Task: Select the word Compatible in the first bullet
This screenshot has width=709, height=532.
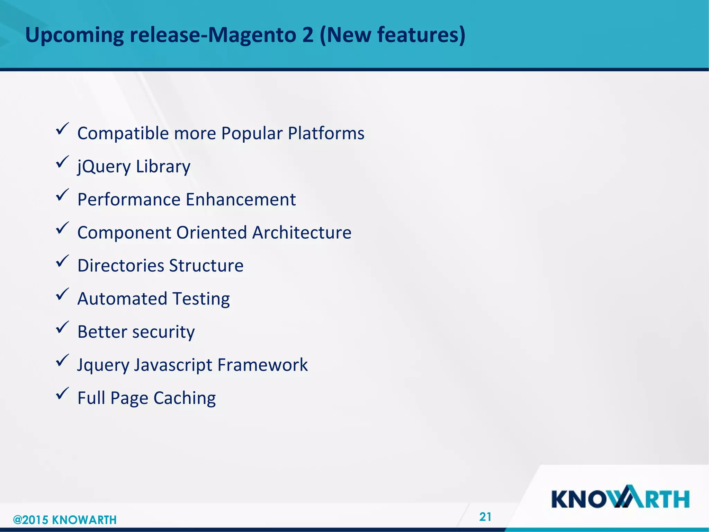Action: click(124, 133)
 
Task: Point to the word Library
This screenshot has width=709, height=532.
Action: click(163, 167)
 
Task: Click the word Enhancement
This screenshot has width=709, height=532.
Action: click(241, 199)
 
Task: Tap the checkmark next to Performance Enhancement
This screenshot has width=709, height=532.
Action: click(62, 195)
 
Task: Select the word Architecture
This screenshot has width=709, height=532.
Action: click(302, 232)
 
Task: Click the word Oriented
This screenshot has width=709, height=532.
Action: click(211, 232)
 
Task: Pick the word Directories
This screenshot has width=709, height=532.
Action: click(120, 266)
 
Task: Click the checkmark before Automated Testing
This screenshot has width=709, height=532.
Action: click(62, 295)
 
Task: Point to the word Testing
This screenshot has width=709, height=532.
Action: click(201, 299)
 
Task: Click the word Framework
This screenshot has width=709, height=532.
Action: click(262, 365)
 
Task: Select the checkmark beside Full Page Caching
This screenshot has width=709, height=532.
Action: click(62, 394)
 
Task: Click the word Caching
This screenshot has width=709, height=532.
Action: click(185, 398)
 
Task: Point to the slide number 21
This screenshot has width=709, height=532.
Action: click(485, 517)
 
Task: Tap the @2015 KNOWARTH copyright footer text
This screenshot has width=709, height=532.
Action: click(65, 520)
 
